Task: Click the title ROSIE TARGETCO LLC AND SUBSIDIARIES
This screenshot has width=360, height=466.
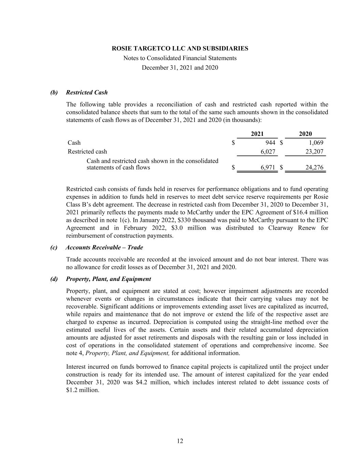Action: [x=180, y=48]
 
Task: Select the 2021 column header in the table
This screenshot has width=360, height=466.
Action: [x=257, y=134]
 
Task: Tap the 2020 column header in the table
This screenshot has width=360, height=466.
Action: [x=305, y=134]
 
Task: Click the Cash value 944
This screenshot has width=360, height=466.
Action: [x=270, y=143]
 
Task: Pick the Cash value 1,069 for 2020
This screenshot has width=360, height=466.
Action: [x=316, y=143]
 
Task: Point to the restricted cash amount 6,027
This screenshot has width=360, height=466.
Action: [x=268, y=152]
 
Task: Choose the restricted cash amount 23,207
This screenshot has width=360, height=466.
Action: [x=314, y=152]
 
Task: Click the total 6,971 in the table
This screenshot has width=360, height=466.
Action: [x=268, y=168]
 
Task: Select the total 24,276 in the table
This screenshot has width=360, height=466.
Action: [x=314, y=168]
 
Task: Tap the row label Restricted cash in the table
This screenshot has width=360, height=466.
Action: [x=87, y=152]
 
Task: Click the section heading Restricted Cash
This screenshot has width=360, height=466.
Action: [x=87, y=93]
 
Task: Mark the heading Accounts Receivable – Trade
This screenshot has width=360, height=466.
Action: [x=104, y=248]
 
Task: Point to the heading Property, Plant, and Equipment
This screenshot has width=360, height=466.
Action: [x=109, y=279]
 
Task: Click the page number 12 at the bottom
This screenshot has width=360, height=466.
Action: [x=180, y=441]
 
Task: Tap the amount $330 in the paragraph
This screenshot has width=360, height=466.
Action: [x=185, y=220]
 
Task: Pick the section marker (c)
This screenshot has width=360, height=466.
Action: [x=54, y=248]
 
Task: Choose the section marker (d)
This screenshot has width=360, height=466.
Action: [x=54, y=279]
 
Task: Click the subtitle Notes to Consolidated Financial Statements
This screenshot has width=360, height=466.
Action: [x=180, y=58]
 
